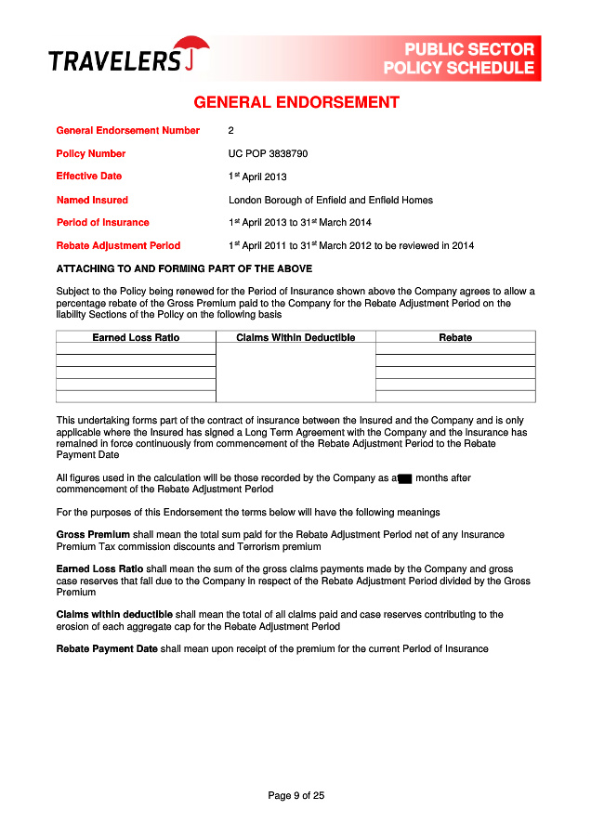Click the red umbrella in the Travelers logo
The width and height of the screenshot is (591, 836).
coord(191,49)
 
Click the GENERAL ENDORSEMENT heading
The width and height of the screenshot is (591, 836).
coord(295,103)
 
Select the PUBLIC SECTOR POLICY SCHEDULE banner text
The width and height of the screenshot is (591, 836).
coord(460,59)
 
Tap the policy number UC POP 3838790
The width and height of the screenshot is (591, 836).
coord(268,153)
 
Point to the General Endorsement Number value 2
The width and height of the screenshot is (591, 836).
coord(231,131)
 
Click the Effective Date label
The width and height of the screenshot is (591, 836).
coord(89,176)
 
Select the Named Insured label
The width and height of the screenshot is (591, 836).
coord(92,200)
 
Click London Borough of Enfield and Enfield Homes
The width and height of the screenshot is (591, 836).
coord(330,200)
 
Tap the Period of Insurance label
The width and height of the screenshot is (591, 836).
coord(102,223)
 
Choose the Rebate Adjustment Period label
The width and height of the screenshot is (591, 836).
coord(118,246)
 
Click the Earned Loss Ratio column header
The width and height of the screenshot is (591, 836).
coord(136,337)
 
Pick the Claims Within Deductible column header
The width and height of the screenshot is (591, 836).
coord(295,337)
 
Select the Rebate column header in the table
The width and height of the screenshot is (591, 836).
coord(455,337)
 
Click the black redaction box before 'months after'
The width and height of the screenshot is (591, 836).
coord(405,479)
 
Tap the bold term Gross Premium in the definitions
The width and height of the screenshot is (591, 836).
coord(93,535)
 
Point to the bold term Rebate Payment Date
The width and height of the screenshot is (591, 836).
coord(107,648)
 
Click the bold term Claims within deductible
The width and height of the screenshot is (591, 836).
coord(114,614)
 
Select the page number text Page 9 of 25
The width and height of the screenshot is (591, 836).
coord(295,795)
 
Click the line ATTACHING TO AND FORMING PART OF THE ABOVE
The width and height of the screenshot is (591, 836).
coord(184,269)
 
